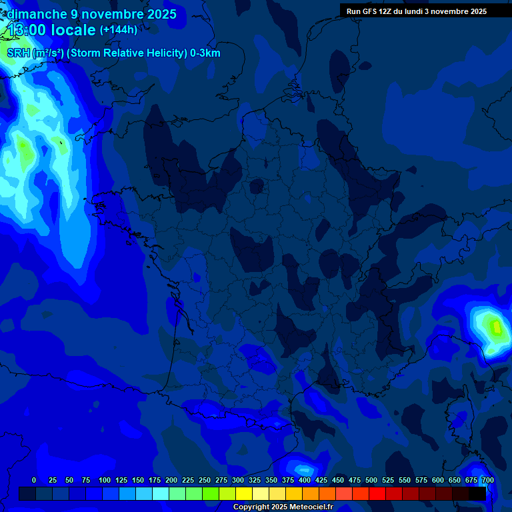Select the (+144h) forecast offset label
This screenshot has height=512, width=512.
tap(119, 29)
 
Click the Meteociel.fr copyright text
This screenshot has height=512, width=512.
tap(311, 507)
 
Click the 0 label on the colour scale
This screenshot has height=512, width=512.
tap(34, 480)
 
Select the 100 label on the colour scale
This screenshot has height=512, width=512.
tap(105, 480)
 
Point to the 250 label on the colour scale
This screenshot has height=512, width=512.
tap(205, 480)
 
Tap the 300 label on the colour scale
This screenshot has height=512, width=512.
tap(238, 480)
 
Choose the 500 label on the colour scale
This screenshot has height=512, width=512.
tap(371, 480)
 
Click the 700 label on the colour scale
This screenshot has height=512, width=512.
tap(487, 480)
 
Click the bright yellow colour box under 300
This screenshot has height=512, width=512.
tap(244, 493)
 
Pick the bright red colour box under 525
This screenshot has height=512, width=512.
tap(394, 493)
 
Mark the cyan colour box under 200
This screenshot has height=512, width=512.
tap(177, 493)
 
